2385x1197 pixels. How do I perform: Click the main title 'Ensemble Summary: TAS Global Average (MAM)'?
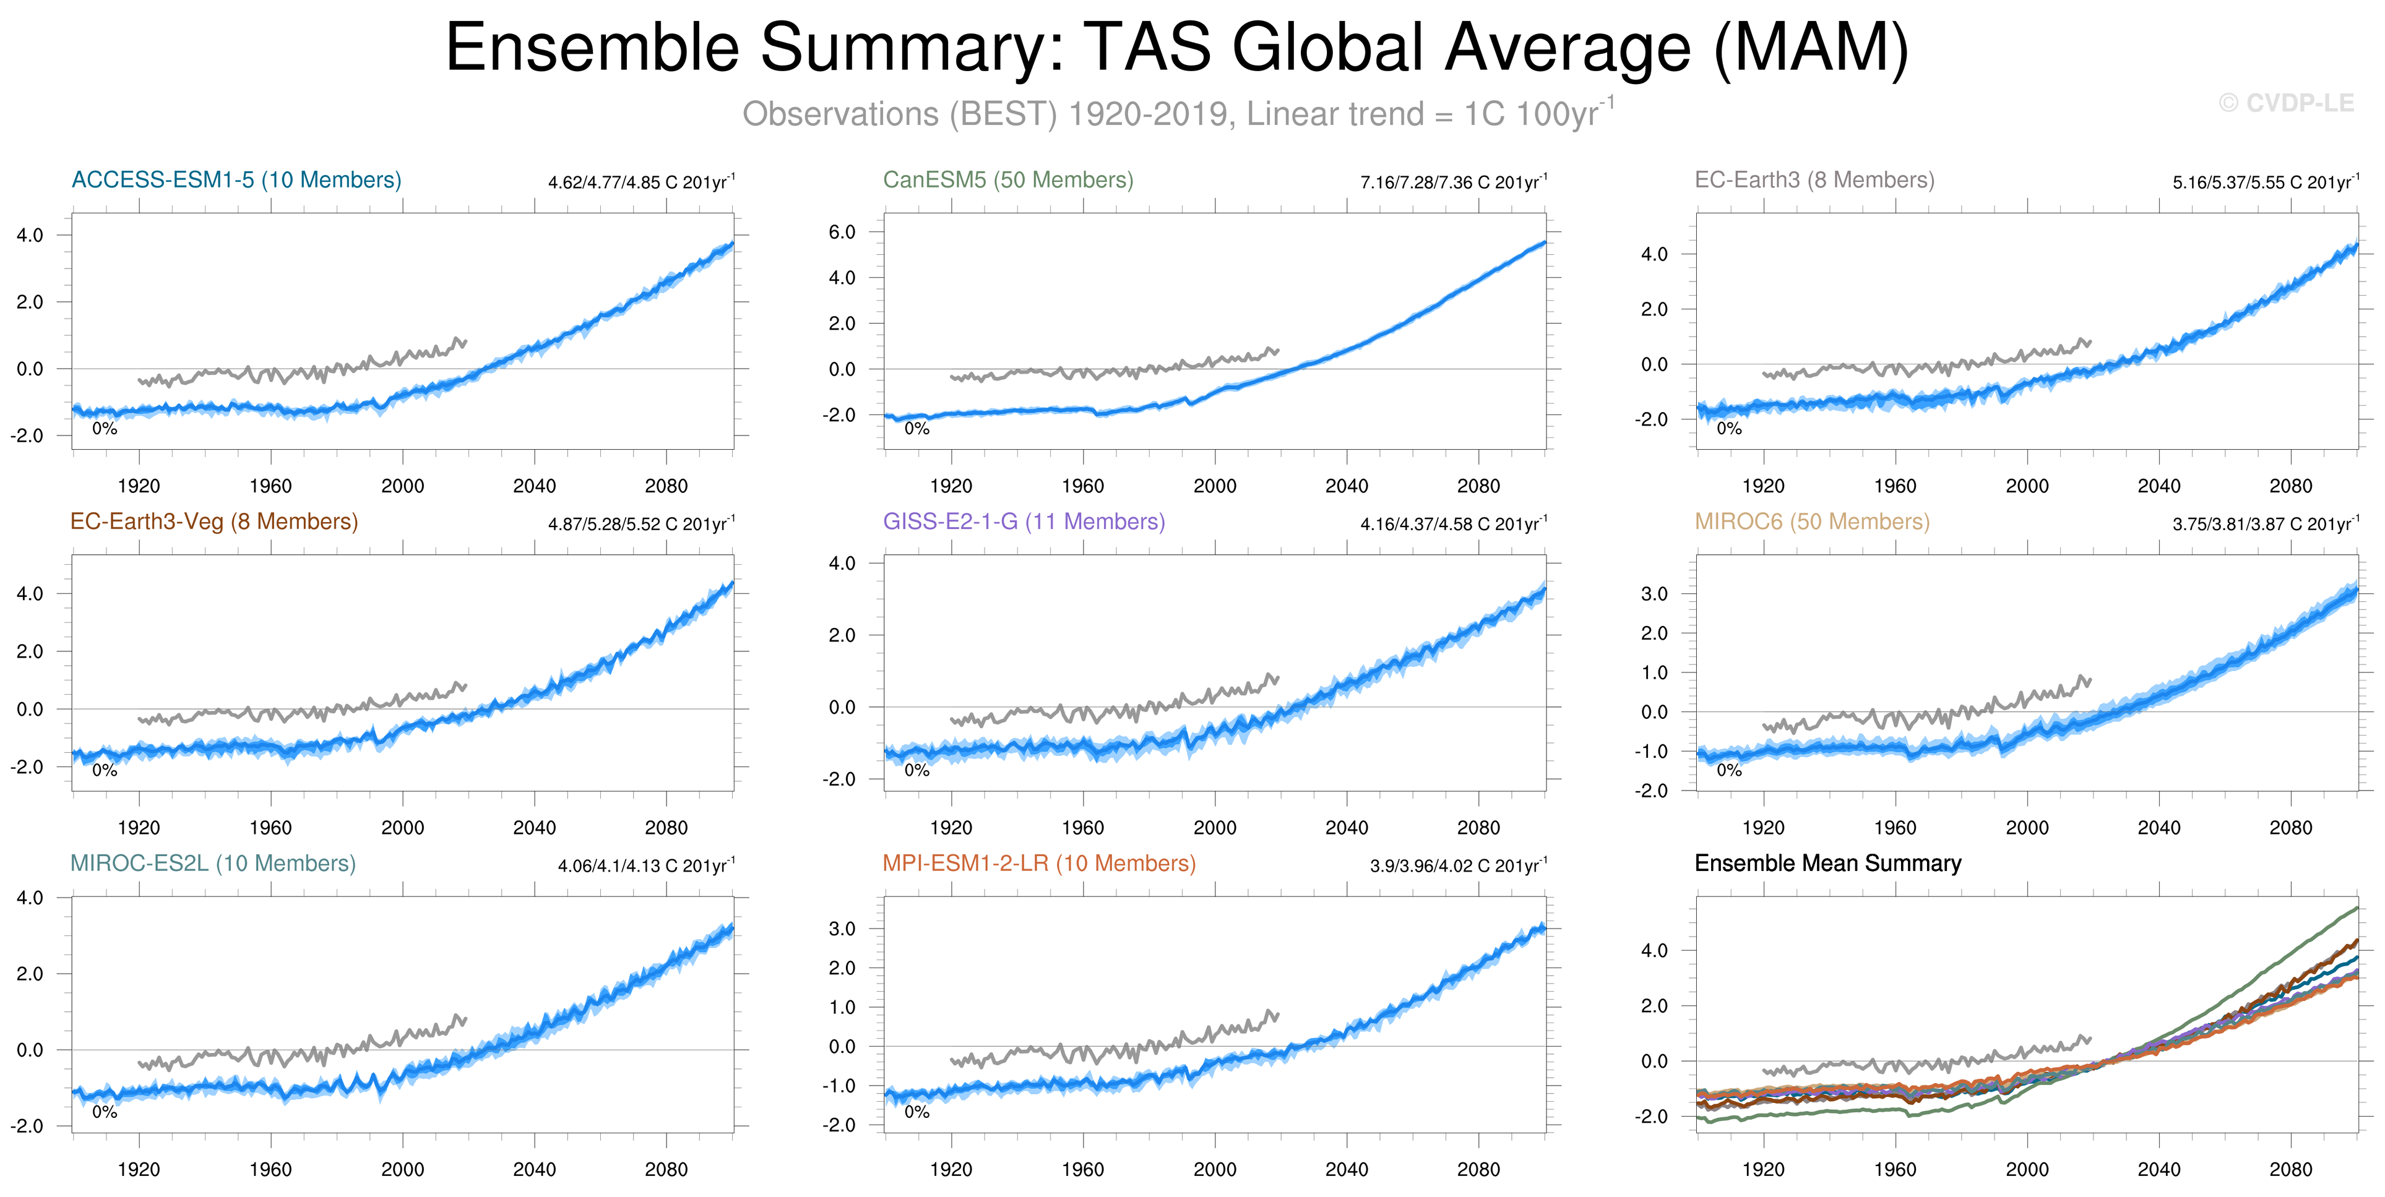coord(1176,48)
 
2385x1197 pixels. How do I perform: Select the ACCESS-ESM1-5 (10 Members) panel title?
coord(236,179)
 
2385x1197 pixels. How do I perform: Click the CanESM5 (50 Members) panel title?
coord(1007,179)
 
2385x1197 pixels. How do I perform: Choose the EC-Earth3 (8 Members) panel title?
coord(1814,179)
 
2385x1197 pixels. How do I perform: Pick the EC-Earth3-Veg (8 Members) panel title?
coord(214,521)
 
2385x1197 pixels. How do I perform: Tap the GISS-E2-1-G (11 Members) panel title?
coord(1023,521)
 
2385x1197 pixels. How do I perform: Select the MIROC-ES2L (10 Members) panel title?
coord(213,863)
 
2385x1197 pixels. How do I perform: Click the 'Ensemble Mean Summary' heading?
coord(1827,863)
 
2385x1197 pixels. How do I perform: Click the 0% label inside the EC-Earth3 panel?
coord(1728,429)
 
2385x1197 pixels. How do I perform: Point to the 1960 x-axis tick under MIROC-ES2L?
coord(270,1169)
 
